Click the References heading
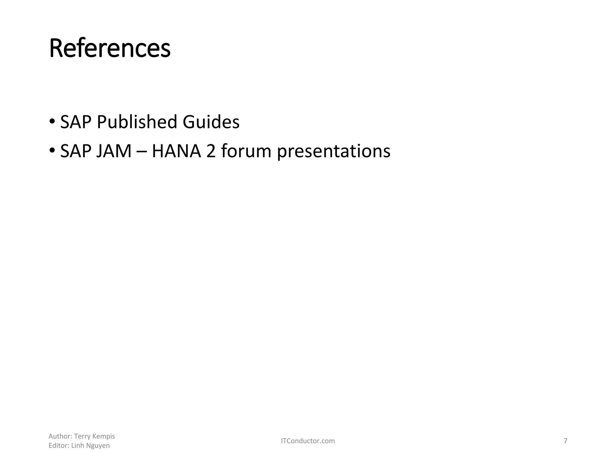(x=110, y=49)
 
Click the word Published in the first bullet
(x=137, y=122)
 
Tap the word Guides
(x=211, y=122)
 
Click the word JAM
(x=114, y=151)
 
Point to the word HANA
(x=176, y=151)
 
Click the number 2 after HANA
(x=211, y=151)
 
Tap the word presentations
(x=334, y=152)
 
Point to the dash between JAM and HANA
(x=142, y=152)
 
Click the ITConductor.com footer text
(x=308, y=441)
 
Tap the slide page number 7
(x=565, y=441)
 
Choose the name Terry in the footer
(x=80, y=436)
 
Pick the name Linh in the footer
(x=78, y=446)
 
